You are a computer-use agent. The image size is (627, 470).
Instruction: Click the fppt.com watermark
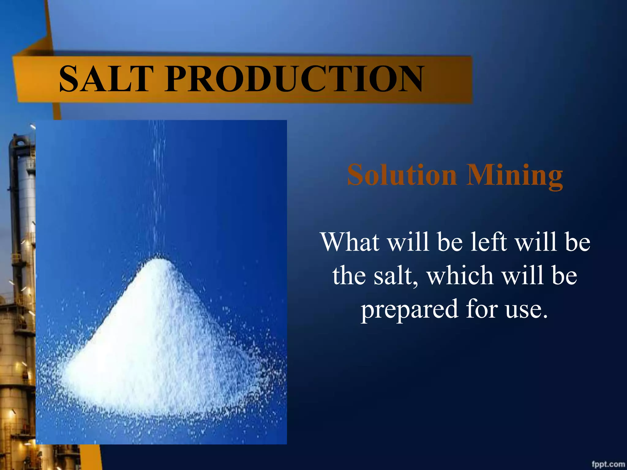608,464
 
